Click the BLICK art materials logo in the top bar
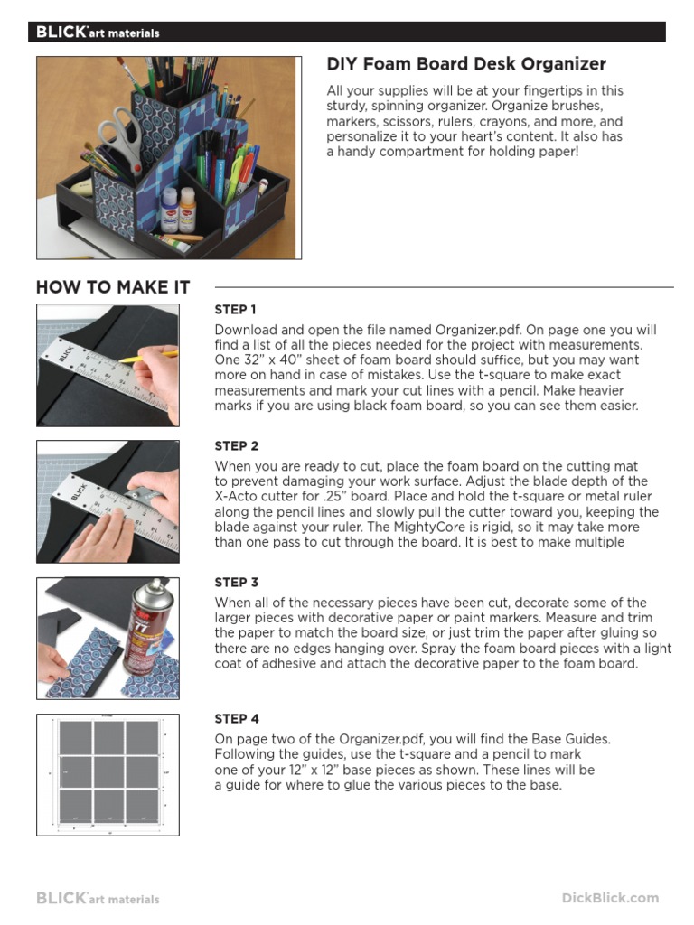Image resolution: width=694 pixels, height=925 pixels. point(98,33)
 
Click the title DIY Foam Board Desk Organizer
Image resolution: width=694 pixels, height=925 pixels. point(465,64)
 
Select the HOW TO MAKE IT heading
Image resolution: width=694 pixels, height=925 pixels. point(113,287)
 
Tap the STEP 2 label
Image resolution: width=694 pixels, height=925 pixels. point(237,446)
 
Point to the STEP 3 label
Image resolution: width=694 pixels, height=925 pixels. point(237,583)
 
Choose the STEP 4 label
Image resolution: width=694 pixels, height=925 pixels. point(237,719)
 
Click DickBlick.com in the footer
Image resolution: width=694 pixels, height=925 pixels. point(610,898)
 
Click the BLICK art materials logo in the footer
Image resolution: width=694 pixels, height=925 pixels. point(98,899)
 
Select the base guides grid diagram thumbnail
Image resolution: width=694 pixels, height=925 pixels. point(108,774)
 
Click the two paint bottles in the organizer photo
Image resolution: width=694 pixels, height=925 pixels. point(178,209)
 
